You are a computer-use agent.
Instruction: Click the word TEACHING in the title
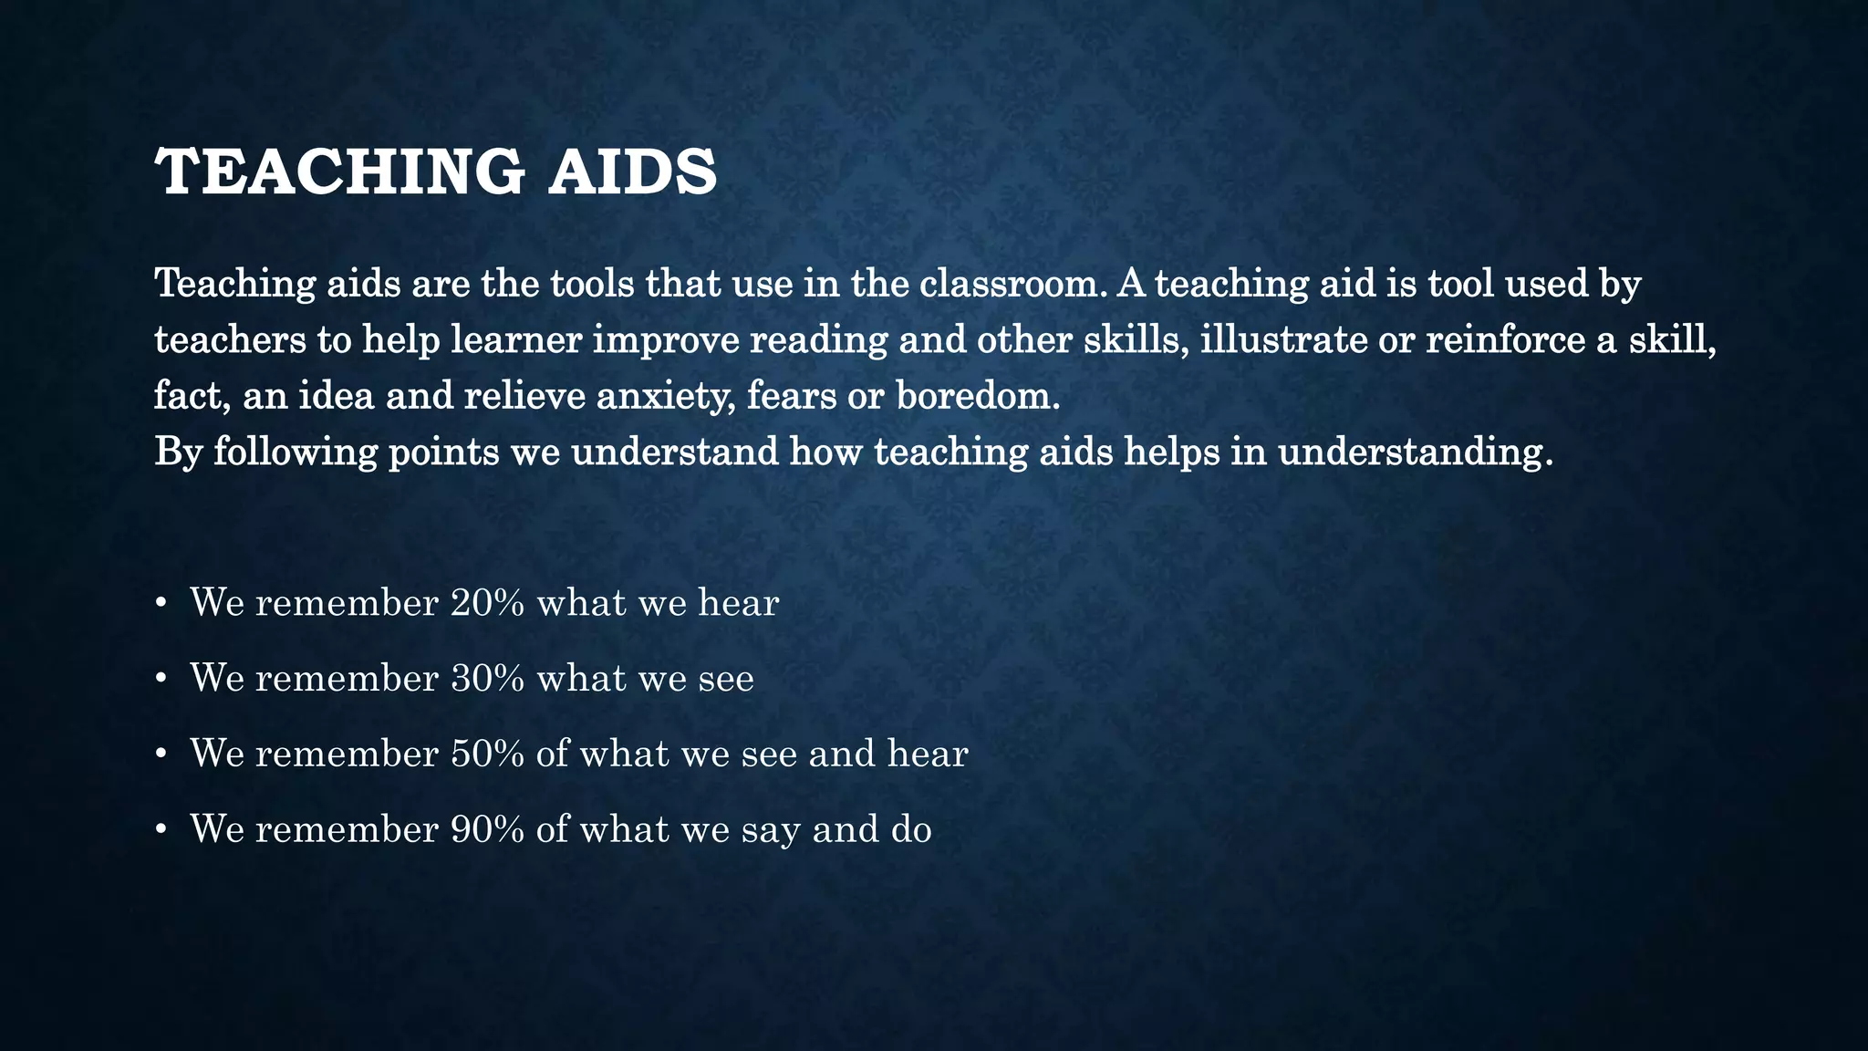tap(339, 172)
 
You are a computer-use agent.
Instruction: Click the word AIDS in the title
tap(632, 172)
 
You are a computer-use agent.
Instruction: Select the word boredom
tap(978, 397)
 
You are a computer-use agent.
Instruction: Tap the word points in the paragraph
tap(443, 453)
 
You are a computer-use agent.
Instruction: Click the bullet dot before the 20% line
tap(161, 603)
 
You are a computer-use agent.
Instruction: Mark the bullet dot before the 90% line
tap(161, 829)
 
